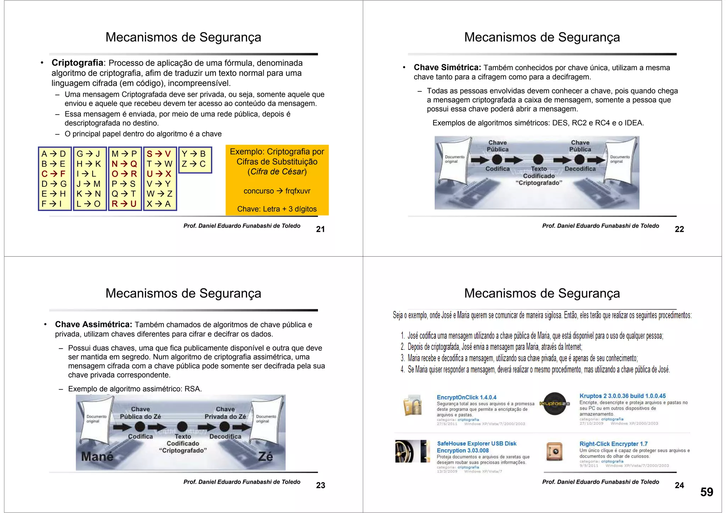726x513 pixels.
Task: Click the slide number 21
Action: pos(320,229)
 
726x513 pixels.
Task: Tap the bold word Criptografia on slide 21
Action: pos(77,63)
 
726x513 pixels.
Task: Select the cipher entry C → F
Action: pos(54,174)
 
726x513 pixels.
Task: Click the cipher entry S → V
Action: pos(159,154)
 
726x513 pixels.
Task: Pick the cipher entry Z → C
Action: pos(194,164)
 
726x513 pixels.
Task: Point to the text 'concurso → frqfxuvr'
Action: pos(277,191)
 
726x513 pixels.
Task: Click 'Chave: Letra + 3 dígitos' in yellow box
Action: pos(277,209)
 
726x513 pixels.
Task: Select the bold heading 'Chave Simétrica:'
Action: pos(447,68)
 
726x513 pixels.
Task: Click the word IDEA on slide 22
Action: pos(633,123)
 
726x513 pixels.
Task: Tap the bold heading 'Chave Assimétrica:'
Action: pos(94,324)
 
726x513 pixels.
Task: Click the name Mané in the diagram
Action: pos(97,456)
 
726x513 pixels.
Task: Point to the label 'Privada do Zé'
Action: pos(225,417)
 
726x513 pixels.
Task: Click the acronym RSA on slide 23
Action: pos(192,389)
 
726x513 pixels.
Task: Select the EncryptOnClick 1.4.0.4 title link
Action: pos(467,397)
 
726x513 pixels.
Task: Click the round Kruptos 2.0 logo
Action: pos(555,403)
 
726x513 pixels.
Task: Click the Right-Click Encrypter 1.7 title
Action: pos(613,444)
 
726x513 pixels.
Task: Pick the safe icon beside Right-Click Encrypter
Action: pos(554,451)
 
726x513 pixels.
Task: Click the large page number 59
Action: pos(707,492)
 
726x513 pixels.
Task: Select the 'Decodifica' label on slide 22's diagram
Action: pos(580,169)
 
